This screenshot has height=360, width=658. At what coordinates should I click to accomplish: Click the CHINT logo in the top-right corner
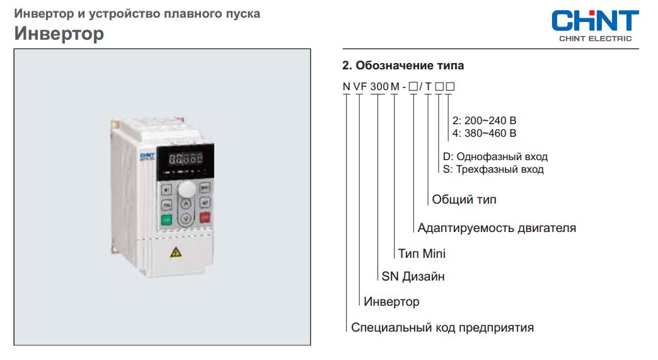point(594,25)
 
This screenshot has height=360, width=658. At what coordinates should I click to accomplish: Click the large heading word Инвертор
point(59,34)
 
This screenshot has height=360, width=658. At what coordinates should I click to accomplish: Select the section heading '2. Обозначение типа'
point(403,66)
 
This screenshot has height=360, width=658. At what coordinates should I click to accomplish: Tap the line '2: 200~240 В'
point(484,120)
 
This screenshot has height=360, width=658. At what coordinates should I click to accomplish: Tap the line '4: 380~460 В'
point(484,133)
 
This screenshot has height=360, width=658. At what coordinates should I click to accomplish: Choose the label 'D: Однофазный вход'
point(495,156)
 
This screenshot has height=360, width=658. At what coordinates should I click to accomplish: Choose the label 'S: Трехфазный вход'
point(493,169)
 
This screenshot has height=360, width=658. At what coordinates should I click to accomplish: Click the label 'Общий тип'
point(464,199)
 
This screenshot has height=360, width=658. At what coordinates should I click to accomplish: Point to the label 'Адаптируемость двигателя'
point(497,228)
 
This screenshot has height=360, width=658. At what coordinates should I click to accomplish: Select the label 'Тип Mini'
point(422,253)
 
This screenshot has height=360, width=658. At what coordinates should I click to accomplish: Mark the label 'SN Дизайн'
point(413,276)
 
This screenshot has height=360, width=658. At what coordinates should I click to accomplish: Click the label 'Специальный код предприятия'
point(442,327)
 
